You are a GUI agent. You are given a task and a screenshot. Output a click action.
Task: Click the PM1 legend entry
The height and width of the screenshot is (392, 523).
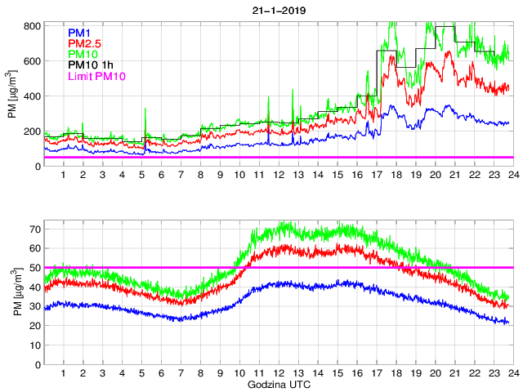tap(79, 32)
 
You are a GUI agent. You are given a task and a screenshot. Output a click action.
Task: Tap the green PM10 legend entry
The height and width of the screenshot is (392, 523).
tap(83, 54)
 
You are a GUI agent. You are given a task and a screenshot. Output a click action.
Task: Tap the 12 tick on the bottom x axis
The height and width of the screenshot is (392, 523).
tap(279, 373)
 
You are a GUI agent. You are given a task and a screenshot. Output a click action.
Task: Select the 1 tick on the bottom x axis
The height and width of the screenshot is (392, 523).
tap(63, 373)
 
